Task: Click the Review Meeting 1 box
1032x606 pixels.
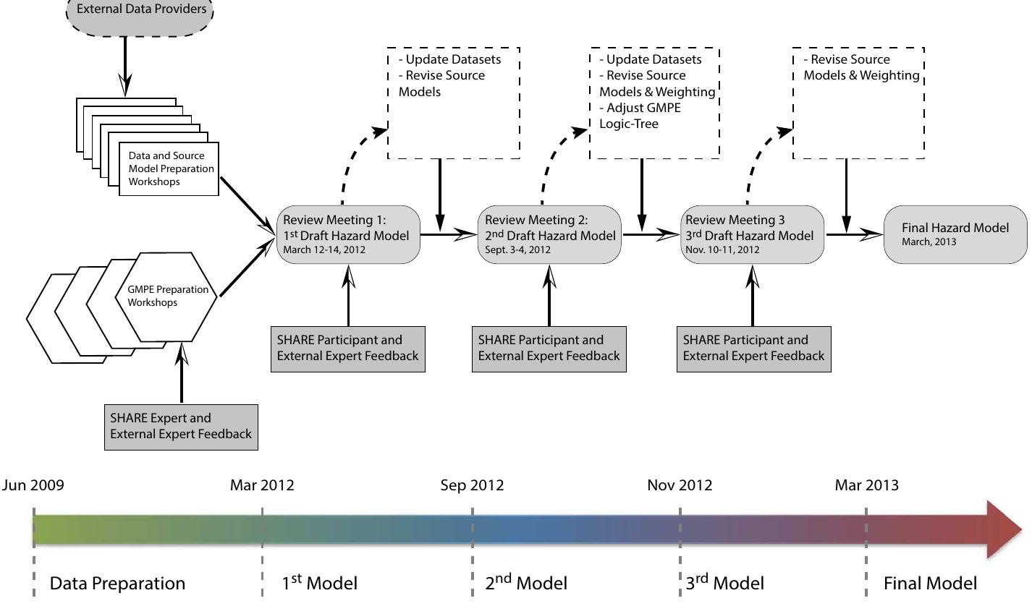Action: coord(348,234)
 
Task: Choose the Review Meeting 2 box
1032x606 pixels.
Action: coord(549,234)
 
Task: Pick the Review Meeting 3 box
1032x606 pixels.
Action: coord(752,234)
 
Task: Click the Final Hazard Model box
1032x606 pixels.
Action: coord(955,234)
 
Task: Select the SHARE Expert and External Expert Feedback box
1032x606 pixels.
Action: coord(181,426)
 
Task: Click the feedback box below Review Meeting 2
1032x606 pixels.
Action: coord(549,349)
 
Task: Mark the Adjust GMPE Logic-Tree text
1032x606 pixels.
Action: coord(640,116)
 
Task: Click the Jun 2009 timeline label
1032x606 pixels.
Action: coord(33,485)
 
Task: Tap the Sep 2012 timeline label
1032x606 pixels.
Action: coord(472,485)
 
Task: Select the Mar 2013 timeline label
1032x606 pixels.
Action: coord(866,485)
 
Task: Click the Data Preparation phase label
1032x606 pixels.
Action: coord(117,583)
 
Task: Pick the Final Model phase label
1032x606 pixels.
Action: coord(930,583)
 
